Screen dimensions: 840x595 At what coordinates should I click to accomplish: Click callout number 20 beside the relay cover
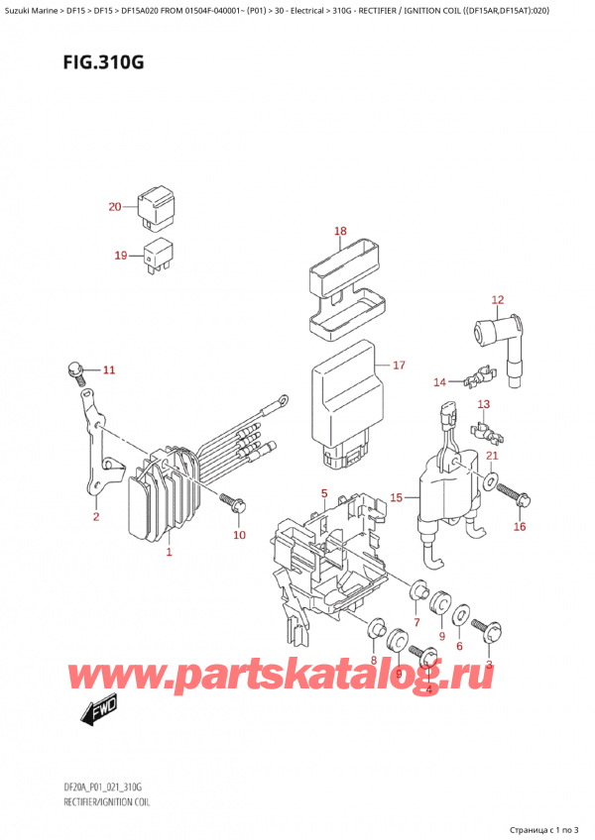(x=115, y=207)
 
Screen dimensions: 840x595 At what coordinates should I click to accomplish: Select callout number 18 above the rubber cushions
(x=340, y=232)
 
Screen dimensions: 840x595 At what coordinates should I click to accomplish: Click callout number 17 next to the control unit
(x=399, y=366)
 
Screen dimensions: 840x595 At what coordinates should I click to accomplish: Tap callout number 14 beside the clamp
(x=439, y=381)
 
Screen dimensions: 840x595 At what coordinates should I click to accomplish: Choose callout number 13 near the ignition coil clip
(x=484, y=404)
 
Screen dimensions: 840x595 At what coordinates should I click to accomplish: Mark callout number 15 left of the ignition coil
(x=397, y=497)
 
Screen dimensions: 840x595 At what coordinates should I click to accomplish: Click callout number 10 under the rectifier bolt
(x=238, y=536)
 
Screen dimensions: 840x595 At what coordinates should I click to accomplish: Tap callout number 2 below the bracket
(x=96, y=516)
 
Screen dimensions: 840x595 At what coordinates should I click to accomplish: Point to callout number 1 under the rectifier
(x=169, y=552)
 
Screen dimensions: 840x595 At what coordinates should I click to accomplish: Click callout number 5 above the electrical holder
(x=323, y=492)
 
